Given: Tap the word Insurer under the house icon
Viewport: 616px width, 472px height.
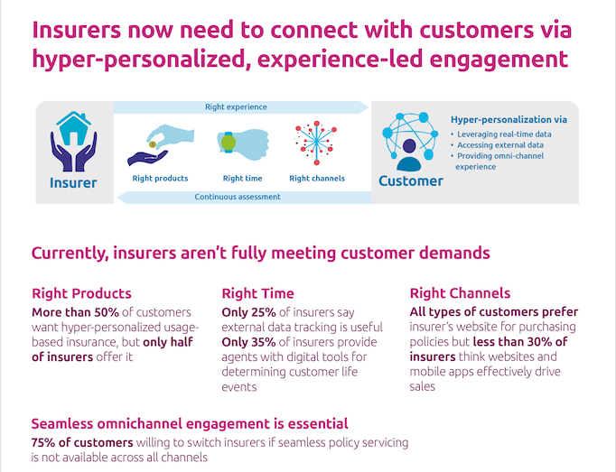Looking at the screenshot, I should pyautogui.click(x=73, y=183).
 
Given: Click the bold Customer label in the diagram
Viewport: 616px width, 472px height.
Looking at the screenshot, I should pyautogui.click(x=411, y=181).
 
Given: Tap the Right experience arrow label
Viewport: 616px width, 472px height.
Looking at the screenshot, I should pyautogui.click(x=236, y=107).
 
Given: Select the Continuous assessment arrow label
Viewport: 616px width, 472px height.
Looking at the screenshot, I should pyautogui.click(x=238, y=197).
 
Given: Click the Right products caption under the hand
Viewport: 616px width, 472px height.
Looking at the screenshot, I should pyautogui.click(x=160, y=179).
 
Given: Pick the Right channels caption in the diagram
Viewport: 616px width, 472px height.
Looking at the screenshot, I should pyautogui.click(x=317, y=179).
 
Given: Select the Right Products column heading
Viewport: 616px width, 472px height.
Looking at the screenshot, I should pyautogui.click(x=81, y=293).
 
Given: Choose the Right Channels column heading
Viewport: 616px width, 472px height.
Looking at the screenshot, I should pyautogui.click(x=460, y=293).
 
